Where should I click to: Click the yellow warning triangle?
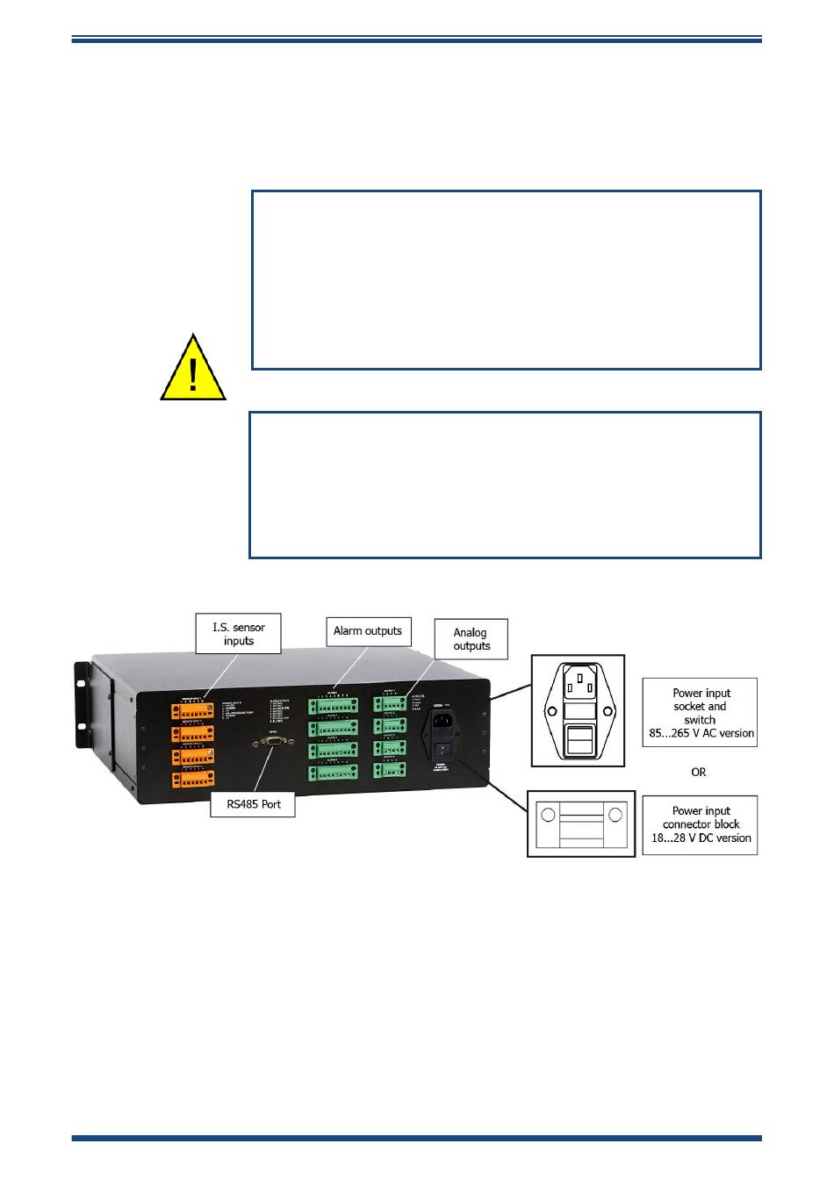coord(193,369)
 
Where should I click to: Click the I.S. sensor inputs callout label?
coord(238,634)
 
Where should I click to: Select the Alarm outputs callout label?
coord(368,631)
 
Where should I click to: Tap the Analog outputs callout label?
coord(471,639)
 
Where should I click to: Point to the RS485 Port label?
coord(254,804)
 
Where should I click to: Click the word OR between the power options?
coord(699,772)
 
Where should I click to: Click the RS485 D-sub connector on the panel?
coord(273,743)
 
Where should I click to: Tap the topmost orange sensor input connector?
coord(193,710)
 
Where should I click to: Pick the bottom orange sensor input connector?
coord(193,779)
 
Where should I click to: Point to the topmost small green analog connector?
coord(389,703)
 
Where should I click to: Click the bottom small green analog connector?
coord(389,770)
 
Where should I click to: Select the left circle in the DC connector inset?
coord(549,815)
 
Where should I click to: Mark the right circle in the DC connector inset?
coord(615,815)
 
